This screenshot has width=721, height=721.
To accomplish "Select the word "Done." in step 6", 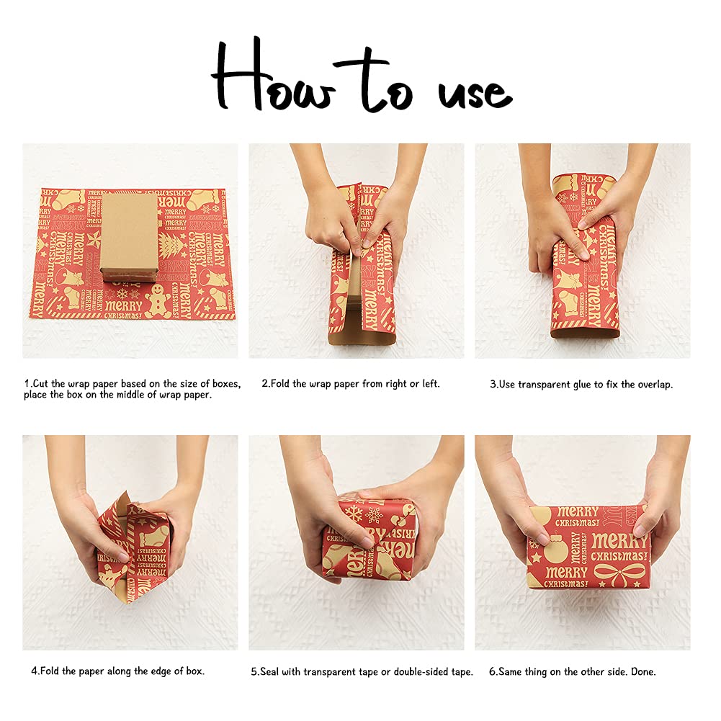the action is [643, 672].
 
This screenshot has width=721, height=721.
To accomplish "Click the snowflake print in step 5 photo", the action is [354, 513].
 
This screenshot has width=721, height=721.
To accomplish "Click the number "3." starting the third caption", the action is [494, 385].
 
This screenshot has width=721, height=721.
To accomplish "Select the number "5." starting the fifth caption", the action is [255, 672].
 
